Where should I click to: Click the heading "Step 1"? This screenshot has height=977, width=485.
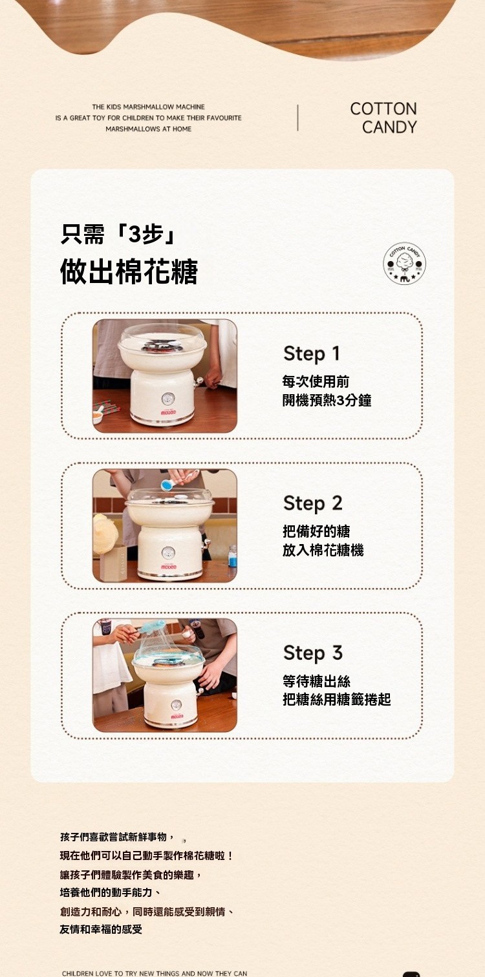pyautogui.click(x=311, y=353)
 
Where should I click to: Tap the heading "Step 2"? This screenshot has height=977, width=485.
pyautogui.click(x=312, y=503)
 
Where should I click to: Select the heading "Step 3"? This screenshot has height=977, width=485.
pyautogui.click(x=312, y=653)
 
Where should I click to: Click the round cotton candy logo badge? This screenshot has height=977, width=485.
pyautogui.click(x=404, y=264)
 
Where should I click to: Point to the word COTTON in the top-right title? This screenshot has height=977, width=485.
pyautogui.click(x=383, y=109)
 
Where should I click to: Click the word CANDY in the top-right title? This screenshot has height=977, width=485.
pyautogui.click(x=389, y=127)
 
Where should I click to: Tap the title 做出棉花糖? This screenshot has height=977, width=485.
pyautogui.click(x=129, y=271)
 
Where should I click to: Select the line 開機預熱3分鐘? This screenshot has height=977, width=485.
pyautogui.click(x=327, y=400)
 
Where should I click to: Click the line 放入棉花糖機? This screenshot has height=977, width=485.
pyautogui.click(x=323, y=550)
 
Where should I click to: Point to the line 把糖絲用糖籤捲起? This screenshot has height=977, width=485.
pyautogui.click(x=336, y=700)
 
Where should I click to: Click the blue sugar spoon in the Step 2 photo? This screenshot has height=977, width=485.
pyautogui.click(x=167, y=484)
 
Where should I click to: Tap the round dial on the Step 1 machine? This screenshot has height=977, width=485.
pyautogui.click(x=167, y=398)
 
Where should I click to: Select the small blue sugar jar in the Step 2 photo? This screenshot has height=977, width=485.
pyautogui.click(x=232, y=556)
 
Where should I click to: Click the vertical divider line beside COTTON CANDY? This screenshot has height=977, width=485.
pyautogui.click(x=297, y=118)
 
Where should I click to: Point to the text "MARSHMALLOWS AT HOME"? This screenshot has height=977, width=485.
pyautogui.click(x=149, y=129)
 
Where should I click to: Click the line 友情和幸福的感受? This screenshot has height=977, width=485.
pyautogui.click(x=101, y=929)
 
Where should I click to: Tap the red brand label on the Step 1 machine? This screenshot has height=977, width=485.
pyautogui.click(x=168, y=412)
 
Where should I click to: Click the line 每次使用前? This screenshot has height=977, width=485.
pyautogui.click(x=315, y=382)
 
